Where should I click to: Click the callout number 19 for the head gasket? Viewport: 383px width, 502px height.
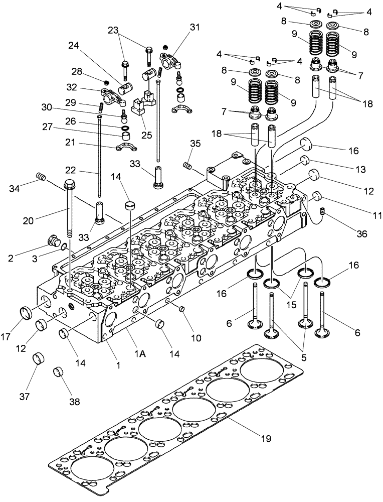(266, 438)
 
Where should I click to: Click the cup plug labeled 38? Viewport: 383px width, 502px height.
(59, 373)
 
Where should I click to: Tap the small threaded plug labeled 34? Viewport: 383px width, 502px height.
(42, 176)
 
